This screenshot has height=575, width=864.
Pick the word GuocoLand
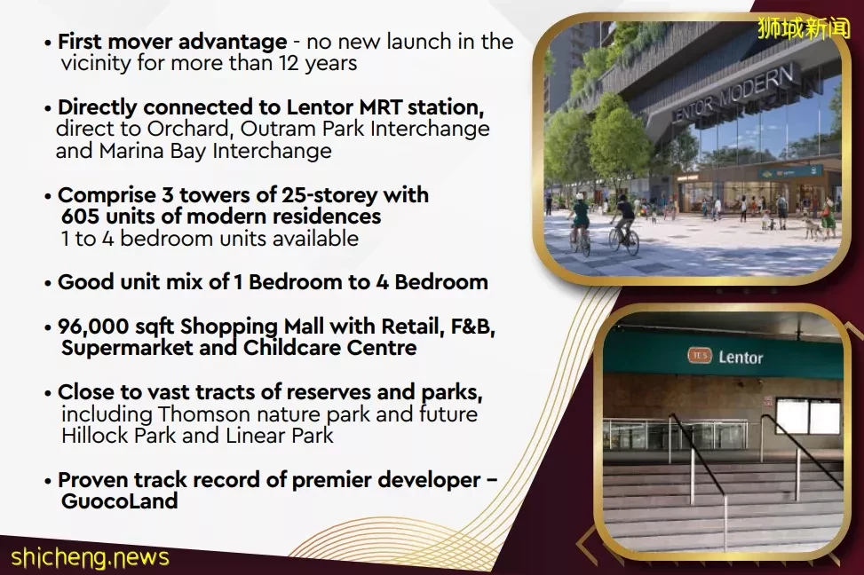point(119,501)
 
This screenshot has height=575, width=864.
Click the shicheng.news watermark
point(90,558)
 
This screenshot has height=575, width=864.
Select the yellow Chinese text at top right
point(804,29)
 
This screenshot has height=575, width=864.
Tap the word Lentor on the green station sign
point(741,358)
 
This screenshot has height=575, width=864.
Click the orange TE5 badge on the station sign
point(700,356)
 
